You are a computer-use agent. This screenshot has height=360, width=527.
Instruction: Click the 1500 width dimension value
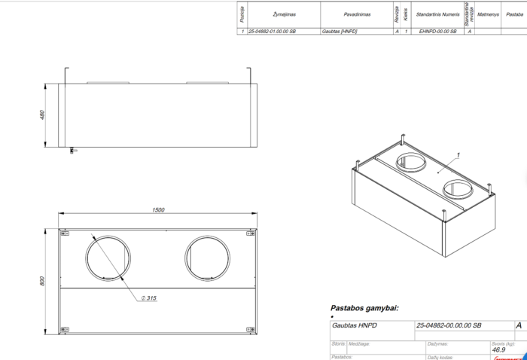click(x=158, y=210)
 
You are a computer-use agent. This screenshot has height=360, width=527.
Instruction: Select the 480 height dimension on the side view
click(x=43, y=115)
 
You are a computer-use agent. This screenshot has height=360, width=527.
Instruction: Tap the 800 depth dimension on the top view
click(x=43, y=281)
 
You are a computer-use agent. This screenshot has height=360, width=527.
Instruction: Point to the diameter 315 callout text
click(x=148, y=297)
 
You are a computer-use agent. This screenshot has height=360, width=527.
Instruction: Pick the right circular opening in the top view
click(x=209, y=258)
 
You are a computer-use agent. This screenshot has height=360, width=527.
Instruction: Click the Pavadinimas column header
click(x=339, y=14)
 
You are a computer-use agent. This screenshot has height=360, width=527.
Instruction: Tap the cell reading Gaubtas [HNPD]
click(x=339, y=32)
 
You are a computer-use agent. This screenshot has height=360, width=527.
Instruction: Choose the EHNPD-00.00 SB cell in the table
click(x=437, y=32)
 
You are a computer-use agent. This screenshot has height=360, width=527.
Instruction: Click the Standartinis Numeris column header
click(x=437, y=14)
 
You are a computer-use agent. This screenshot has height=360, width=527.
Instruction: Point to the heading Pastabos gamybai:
click(x=364, y=308)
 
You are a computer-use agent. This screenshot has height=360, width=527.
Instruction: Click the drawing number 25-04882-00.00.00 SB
click(x=449, y=325)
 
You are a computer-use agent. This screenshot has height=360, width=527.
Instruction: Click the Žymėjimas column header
click(x=282, y=14)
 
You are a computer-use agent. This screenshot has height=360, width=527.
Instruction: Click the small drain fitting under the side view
click(x=72, y=151)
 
